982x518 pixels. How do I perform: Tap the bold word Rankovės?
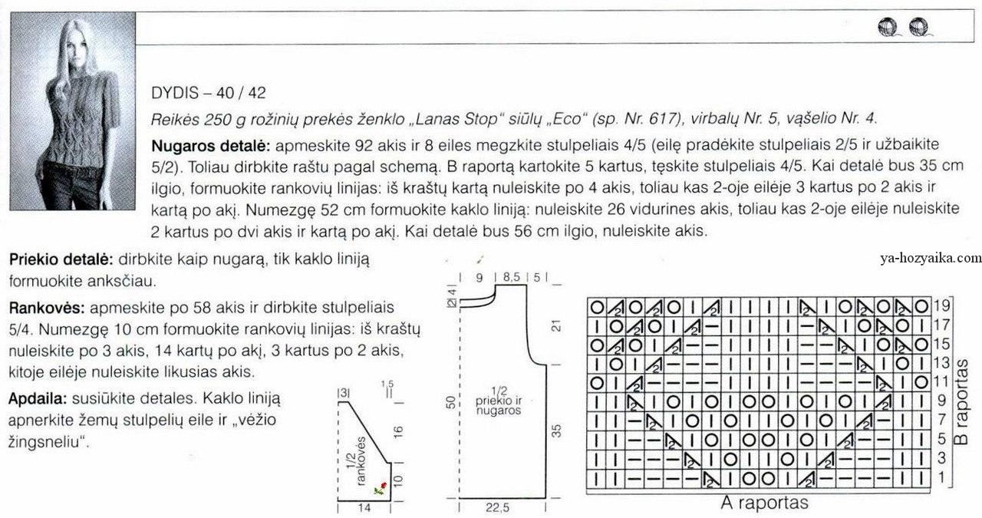click(x=45, y=308)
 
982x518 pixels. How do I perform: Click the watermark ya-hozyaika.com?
click(x=931, y=259)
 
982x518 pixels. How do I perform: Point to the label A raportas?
click(x=765, y=503)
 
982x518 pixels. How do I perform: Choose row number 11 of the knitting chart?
click(x=942, y=381)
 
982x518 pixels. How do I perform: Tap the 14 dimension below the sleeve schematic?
click(x=364, y=508)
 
